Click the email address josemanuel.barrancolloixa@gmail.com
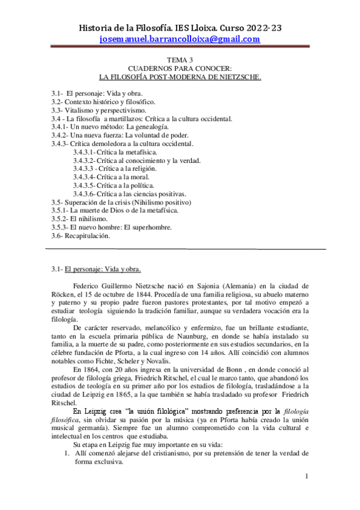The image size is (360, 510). click(x=180, y=39)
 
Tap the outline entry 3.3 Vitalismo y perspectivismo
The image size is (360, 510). click(x=99, y=111)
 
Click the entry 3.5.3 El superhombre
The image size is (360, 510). click(x=112, y=228)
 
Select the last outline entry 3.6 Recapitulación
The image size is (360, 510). click(x=81, y=236)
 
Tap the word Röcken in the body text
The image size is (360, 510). click(x=64, y=294)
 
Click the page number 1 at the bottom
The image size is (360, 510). click(x=306, y=477)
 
